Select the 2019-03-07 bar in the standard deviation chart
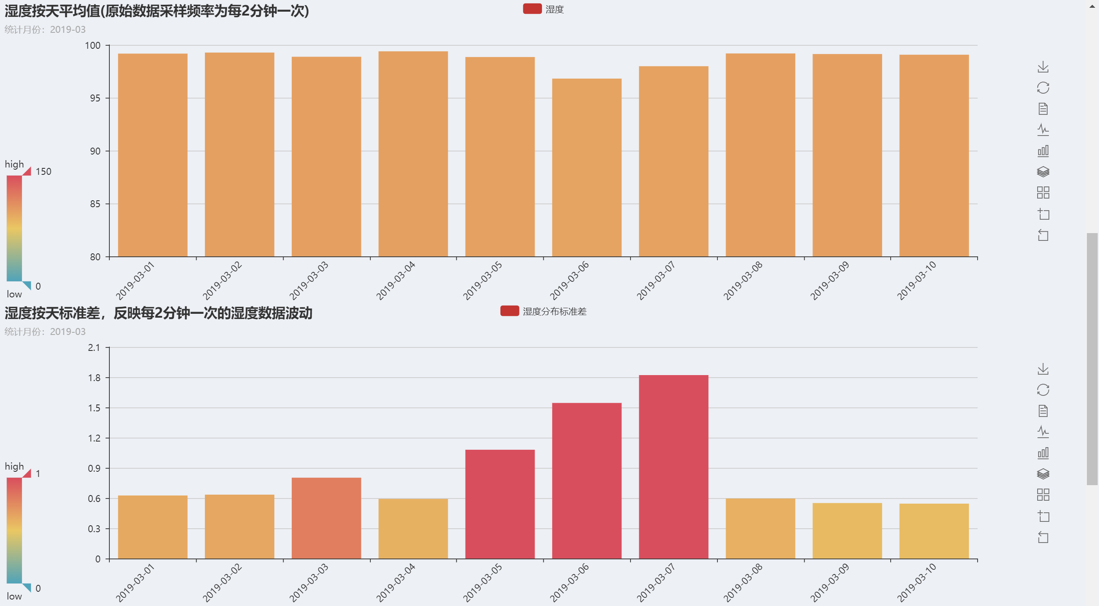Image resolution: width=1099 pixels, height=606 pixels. point(673,467)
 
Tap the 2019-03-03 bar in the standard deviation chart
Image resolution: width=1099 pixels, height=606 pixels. point(326,518)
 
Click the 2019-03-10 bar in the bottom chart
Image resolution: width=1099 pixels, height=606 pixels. point(934,531)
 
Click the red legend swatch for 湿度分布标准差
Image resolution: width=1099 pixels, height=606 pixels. point(510,311)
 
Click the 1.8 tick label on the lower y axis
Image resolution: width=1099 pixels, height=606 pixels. point(94,378)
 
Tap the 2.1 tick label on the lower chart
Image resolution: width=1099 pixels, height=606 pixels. point(94,347)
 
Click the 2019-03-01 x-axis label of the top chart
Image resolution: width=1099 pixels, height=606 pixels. point(135,281)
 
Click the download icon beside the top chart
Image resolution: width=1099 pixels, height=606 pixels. point(1043,67)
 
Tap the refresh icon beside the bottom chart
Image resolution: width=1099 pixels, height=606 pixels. point(1043,390)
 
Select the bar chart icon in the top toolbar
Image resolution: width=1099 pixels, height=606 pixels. point(1043,151)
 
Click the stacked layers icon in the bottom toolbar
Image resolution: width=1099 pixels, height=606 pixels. point(1043,474)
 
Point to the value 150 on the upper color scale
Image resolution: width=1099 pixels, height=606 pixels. point(43,172)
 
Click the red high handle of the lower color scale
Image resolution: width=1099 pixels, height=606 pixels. point(27,473)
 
